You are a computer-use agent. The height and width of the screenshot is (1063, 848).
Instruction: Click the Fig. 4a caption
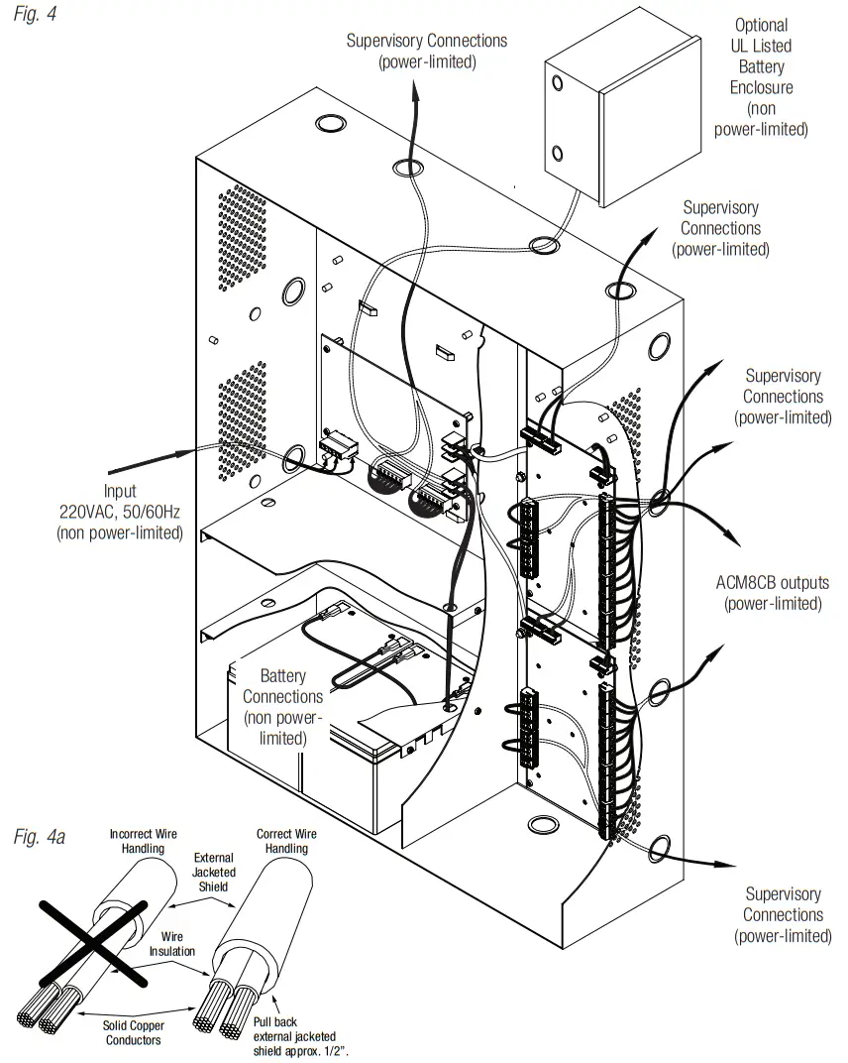point(40,838)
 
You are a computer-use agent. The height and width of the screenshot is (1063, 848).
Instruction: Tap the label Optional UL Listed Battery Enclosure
point(762,77)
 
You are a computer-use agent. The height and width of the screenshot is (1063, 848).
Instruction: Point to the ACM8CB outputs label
point(773,593)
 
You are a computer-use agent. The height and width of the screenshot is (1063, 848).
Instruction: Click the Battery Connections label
point(282,707)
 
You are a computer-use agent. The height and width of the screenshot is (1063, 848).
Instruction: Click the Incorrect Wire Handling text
point(144,842)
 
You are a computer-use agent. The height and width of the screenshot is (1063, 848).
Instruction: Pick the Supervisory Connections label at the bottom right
point(783,915)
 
